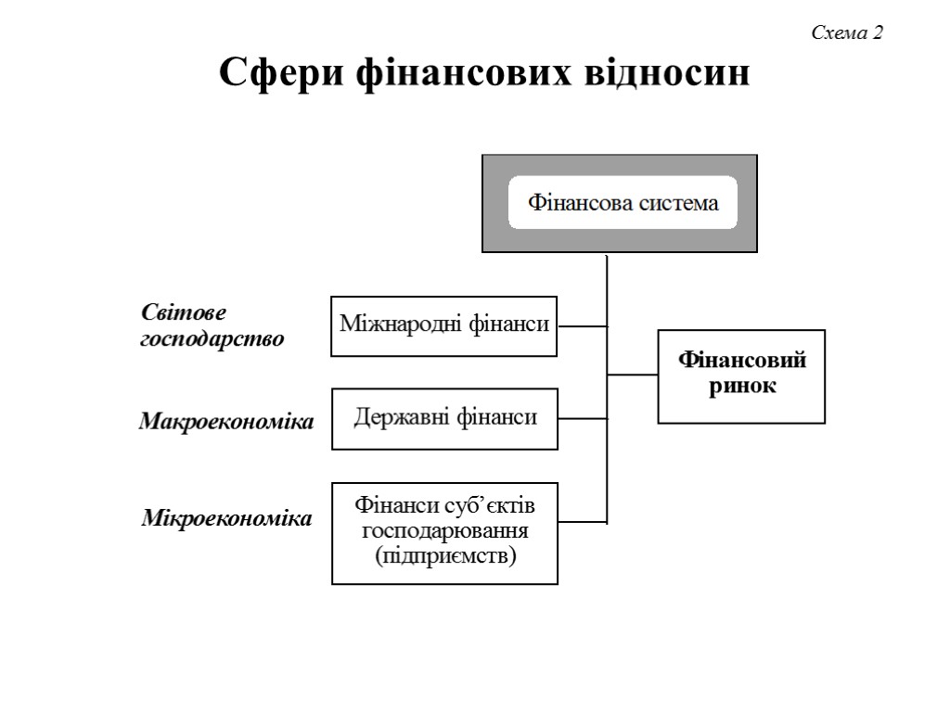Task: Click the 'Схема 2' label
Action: pyautogui.click(x=847, y=33)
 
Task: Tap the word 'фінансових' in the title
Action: pyautogui.click(x=456, y=72)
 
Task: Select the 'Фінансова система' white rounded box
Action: pyautogui.click(x=623, y=203)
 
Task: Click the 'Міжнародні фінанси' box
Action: pyautogui.click(x=444, y=325)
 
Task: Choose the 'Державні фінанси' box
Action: pyautogui.click(x=444, y=418)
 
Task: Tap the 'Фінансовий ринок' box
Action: pyautogui.click(x=741, y=375)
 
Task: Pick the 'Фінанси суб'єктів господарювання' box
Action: pyautogui.click(x=444, y=532)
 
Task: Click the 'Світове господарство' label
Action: pyautogui.click(x=212, y=325)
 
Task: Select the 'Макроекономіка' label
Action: pyautogui.click(x=226, y=422)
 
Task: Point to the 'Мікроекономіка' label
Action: pyautogui.click(x=226, y=517)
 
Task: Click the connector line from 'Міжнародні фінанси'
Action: pyautogui.click(x=582, y=326)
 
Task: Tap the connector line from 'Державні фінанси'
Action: pyautogui.click(x=582, y=418)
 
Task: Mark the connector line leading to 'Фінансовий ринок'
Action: pyautogui.click(x=633, y=375)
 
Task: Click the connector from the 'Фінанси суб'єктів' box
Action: pyautogui.click(x=582, y=522)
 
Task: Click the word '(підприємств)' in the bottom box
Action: pyautogui.click(x=445, y=556)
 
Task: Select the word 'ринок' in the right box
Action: pyautogui.click(x=742, y=387)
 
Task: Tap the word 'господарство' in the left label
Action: pyautogui.click(x=212, y=338)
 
